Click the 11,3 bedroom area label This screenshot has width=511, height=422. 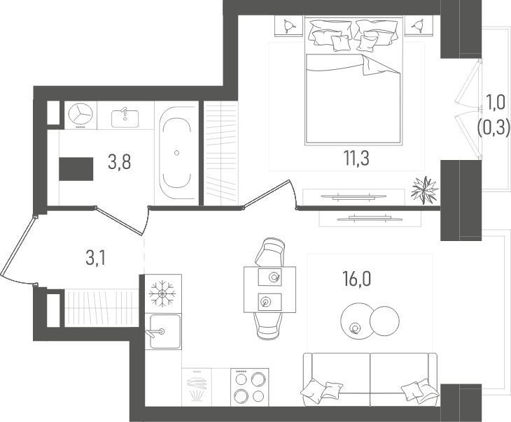[x=356, y=159]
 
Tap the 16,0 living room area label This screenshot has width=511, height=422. [x=356, y=279]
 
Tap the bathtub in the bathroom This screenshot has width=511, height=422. [x=176, y=152]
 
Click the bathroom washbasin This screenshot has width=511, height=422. [x=125, y=118]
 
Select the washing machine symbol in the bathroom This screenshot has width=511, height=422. [x=80, y=115]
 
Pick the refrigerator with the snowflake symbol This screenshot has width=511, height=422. [x=162, y=293]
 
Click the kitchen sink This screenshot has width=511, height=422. [x=164, y=331]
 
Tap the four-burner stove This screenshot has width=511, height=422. [x=250, y=387]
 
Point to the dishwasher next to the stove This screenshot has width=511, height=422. [x=197, y=387]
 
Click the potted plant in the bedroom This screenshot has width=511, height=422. [x=424, y=189]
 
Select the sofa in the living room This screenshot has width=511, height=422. [x=370, y=379]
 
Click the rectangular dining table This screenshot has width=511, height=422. [x=269, y=289]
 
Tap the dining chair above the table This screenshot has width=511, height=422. [x=270, y=252]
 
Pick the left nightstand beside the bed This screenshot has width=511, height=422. [x=288, y=26]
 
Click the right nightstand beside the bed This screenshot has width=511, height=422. [x=419, y=25]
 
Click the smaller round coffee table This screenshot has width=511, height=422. [x=384, y=321]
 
